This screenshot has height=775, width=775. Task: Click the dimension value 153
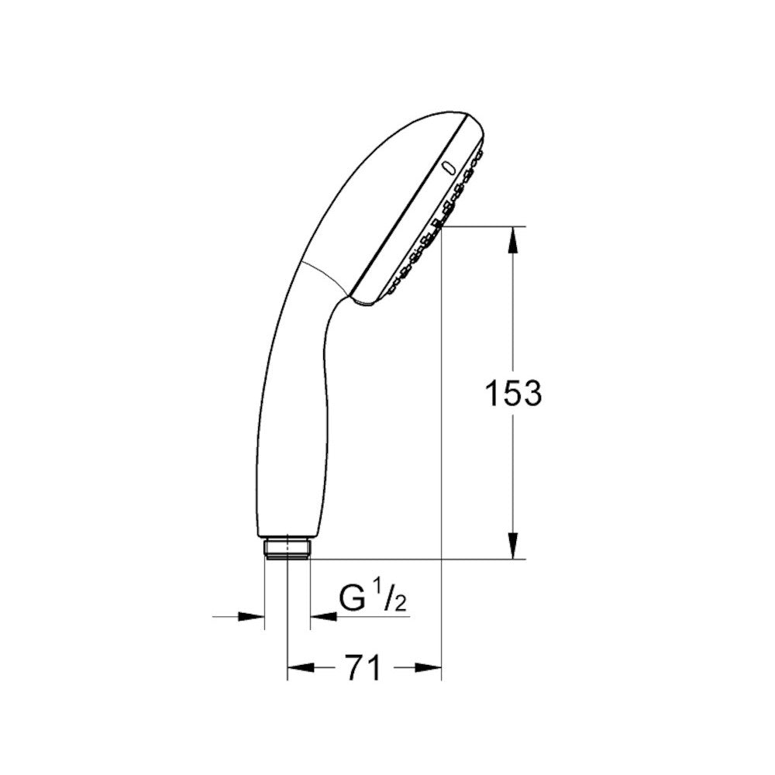(512, 394)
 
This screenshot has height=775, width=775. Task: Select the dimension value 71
(363, 667)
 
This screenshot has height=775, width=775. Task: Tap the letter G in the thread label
(353, 598)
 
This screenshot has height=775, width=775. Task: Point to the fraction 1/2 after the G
(391, 599)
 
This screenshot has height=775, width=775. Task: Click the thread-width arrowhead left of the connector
(251, 617)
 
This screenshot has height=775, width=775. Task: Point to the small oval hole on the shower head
(446, 167)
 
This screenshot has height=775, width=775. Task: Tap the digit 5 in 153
(512, 394)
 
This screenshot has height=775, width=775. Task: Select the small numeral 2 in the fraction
(400, 603)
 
